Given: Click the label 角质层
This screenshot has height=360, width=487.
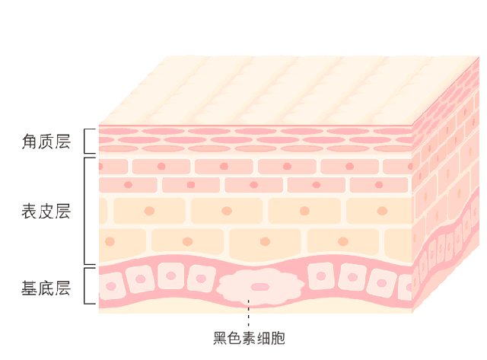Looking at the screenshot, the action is pos(46,141).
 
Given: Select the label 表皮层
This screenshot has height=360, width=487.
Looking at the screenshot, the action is pos(46,211).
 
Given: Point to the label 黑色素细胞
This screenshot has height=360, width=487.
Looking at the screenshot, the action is pos(249,338).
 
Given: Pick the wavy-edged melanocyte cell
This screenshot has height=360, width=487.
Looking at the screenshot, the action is pos(261,287).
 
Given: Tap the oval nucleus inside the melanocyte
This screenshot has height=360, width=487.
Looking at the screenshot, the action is pos(261,287).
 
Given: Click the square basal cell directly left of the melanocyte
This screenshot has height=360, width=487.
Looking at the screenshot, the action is pos(202,278).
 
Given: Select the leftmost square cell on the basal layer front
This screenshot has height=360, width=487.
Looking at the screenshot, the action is pos(112,287).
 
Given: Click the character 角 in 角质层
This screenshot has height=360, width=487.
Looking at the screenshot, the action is pos(30,141).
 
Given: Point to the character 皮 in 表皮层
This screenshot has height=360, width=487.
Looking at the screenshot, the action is pos(46,211).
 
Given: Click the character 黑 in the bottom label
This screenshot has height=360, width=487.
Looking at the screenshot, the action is pos(220,338).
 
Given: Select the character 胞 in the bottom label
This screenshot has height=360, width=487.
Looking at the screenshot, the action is pos(278,338).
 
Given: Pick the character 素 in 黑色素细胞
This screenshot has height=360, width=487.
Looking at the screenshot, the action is pos(249,338).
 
